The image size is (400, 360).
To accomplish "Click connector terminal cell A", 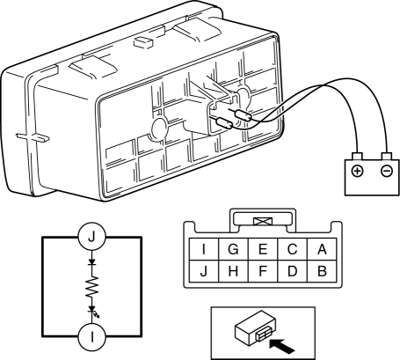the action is pos(322,249).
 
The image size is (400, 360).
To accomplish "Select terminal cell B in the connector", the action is pos(322,271).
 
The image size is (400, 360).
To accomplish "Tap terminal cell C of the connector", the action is pos(292,249).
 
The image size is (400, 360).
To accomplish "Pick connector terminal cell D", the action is pos(292,271).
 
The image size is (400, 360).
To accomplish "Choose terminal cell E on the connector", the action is pos(263,249).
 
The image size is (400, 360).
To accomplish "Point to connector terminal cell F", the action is pos(263,271).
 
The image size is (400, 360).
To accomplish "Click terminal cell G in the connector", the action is pos(233,249).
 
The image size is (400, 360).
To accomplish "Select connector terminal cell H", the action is pos(233,271).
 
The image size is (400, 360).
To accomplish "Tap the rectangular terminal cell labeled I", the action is pos(204,249).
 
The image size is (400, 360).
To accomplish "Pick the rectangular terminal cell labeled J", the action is pos(204,271).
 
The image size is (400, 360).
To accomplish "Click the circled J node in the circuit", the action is pos(92,237).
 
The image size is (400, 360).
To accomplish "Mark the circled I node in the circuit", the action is pos(92,337).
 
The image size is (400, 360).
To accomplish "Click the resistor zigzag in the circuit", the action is pos(92,287).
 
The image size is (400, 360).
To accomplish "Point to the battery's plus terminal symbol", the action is pos(357,171).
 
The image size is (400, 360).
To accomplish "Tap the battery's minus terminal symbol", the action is pos(387,171).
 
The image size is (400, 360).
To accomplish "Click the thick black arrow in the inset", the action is pos(281,346).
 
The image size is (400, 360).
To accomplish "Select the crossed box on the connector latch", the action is pos(263,221).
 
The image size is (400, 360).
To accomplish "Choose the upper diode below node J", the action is pos(92,261).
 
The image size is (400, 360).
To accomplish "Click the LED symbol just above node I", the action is pos(92,310).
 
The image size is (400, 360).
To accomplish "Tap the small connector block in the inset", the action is pos(255,327).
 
